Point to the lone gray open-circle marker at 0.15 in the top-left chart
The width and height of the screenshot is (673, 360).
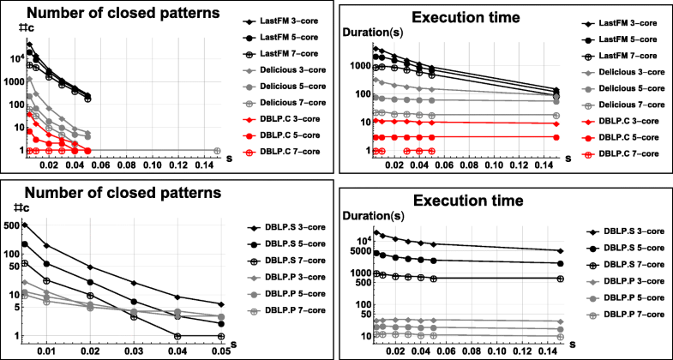[x=217, y=151]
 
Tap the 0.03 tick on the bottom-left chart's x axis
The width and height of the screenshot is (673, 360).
[x=134, y=351]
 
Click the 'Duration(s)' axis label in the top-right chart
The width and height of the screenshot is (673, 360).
[x=371, y=33]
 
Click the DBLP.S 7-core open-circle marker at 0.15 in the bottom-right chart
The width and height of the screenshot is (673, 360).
[x=559, y=279]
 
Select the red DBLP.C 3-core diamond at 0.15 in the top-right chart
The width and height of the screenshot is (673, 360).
[x=559, y=123]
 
